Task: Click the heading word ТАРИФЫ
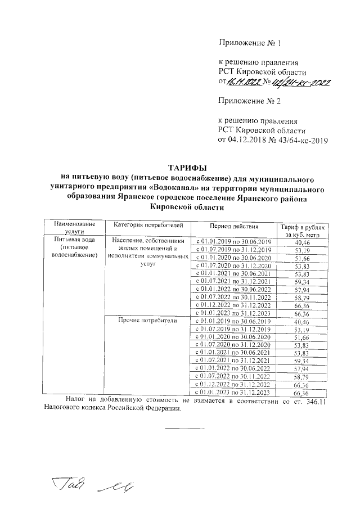[x=188, y=168]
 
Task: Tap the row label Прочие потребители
[x=147, y=321]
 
